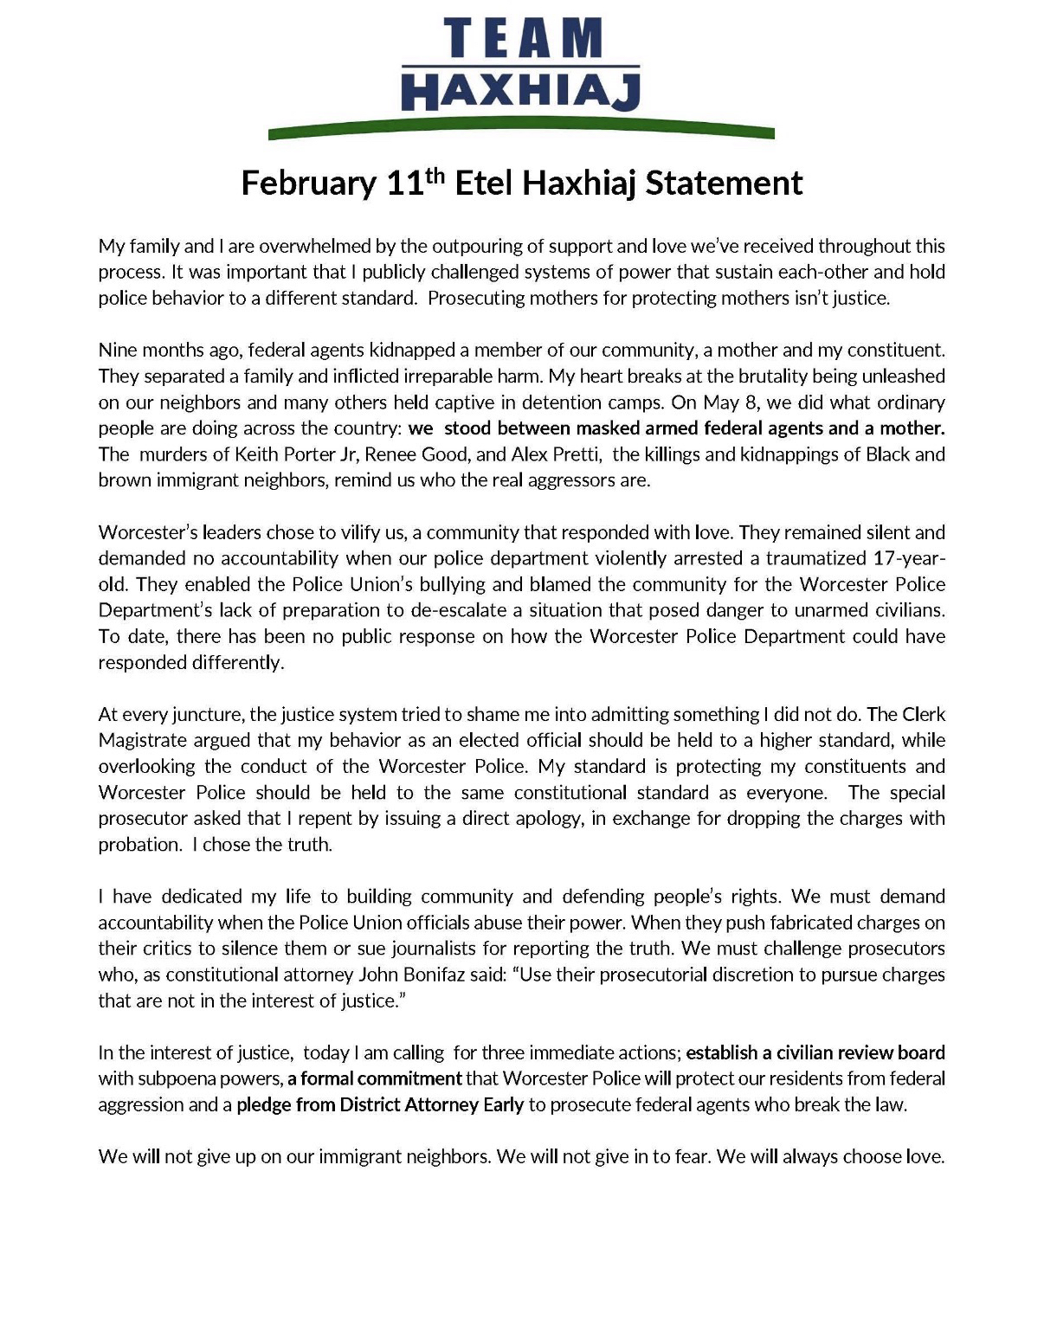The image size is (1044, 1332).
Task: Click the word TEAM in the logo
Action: pyautogui.click(x=523, y=39)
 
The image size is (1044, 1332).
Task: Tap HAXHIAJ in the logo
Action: pyautogui.click(x=523, y=92)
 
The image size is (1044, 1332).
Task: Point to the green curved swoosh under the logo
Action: pyautogui.click(x=521, y=131)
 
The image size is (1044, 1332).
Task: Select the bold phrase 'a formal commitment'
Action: pyautogui.click(x=375, y=1079)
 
